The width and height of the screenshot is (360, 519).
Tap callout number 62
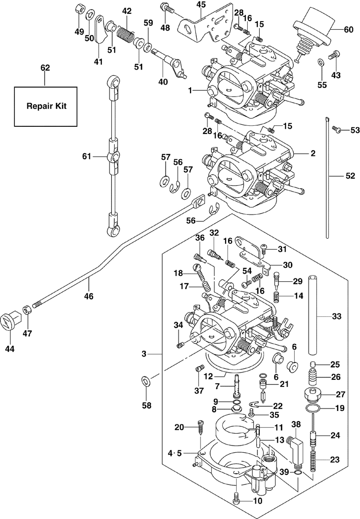pyautogui.click(x=45, y=68)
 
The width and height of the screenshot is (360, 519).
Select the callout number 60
pyautogui.click(x=348, y=29)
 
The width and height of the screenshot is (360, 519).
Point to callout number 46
pyautogui.click(x=89, y=296)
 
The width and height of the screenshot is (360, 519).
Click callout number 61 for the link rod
pyautogui.click(x=86, y=156)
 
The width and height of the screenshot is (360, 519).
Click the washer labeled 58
pyautogui.click(x=145, y=382)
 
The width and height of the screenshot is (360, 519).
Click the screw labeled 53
pyautogui.click(x=337, y=130)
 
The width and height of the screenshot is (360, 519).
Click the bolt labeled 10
pyautogui.click(x=236, y=499)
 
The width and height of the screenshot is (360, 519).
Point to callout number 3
pyautogui.click(x=144, y=354)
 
